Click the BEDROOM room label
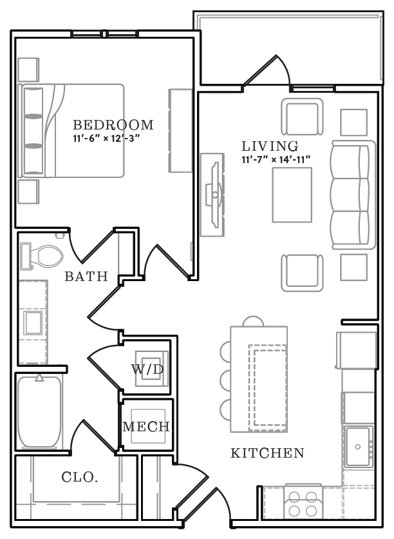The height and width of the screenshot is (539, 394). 113,124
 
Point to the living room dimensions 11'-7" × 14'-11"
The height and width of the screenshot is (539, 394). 276,158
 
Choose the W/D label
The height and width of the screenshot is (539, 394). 147,370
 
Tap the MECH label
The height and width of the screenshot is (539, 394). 146,426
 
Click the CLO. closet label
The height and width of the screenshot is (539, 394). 79,478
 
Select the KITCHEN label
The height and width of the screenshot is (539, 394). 267,453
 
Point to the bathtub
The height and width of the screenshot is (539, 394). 39,413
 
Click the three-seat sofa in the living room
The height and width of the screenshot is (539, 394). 353,195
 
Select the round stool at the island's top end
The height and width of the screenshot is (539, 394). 250,322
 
